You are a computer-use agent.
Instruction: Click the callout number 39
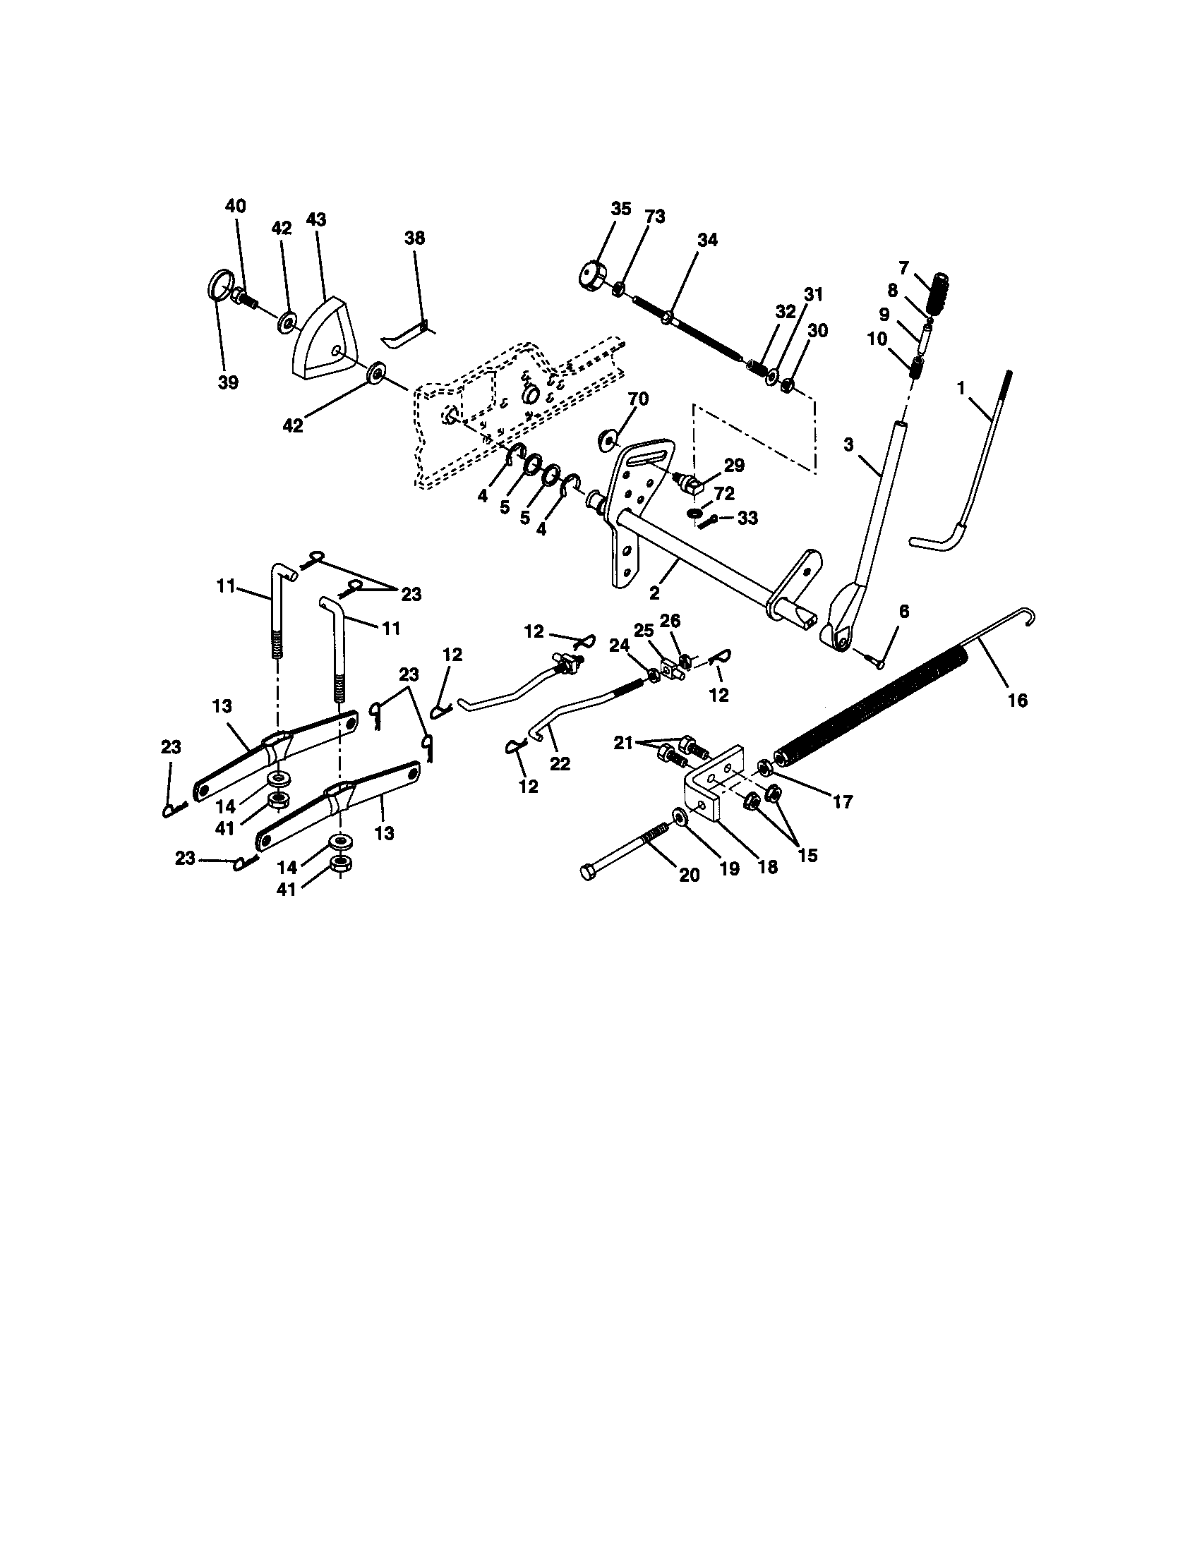(229, 382)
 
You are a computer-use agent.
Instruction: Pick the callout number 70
(637, 399)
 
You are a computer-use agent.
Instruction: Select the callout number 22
(560, 764)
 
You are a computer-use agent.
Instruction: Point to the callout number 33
(747, 518)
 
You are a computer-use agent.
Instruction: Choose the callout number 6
(903, 612)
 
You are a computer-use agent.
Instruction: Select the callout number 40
(235, 206)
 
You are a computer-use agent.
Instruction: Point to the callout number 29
(734, 466)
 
